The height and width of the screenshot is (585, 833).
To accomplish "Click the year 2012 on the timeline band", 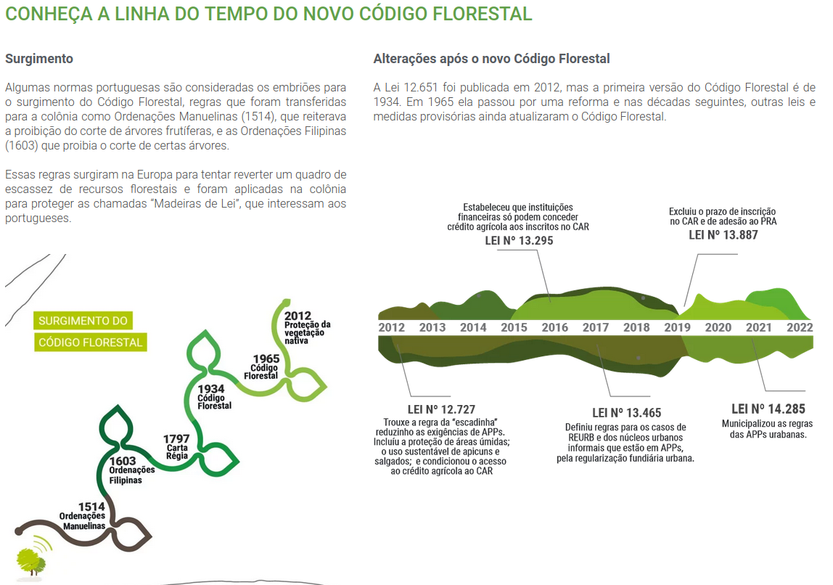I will pyautogui.click(x=392, y=328).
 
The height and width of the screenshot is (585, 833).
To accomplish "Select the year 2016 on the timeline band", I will pyautogui.click(x=555, y=328).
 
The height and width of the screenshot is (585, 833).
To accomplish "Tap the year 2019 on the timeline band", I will pyautogui.click(x=678, y=328).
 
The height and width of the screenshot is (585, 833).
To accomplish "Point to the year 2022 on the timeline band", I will pyautogui.click(x=800, y=328).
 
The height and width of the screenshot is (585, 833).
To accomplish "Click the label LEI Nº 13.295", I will pyautogui.click(x=519, y=240).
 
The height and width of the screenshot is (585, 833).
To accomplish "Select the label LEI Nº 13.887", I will pyautogui.click(x=723, y=234).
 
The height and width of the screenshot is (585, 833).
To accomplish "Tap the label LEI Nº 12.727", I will pyautogui.click(x=441, y=409).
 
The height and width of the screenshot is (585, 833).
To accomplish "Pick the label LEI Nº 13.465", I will pyautogui.click(x=626, y=413).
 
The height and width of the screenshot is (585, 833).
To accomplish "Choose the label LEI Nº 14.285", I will pyautogui.click(x=768, y=409).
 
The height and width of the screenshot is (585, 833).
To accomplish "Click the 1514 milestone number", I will pyautogui.click(x=92, y=507).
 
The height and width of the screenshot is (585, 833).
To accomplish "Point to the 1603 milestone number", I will pyautogui.click(x=123, y=461).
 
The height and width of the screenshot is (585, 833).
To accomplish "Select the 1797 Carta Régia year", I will pyautogui.click(x=176, y=439).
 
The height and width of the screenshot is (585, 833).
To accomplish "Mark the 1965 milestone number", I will pyautogui.click(x=266, y=359).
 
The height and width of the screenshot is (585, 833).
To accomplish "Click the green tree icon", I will pyautogui.click(x=30, y=560).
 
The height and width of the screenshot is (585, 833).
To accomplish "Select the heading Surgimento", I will pyautogui.click(x=39, y=59).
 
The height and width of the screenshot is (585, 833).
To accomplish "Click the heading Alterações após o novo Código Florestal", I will pyautogui.click(x=491, y=59).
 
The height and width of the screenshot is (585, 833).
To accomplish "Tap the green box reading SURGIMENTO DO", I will pyautogui.click(x=83, y=321).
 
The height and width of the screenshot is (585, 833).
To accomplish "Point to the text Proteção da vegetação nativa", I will pyautogui.click(x=307, y=332).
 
